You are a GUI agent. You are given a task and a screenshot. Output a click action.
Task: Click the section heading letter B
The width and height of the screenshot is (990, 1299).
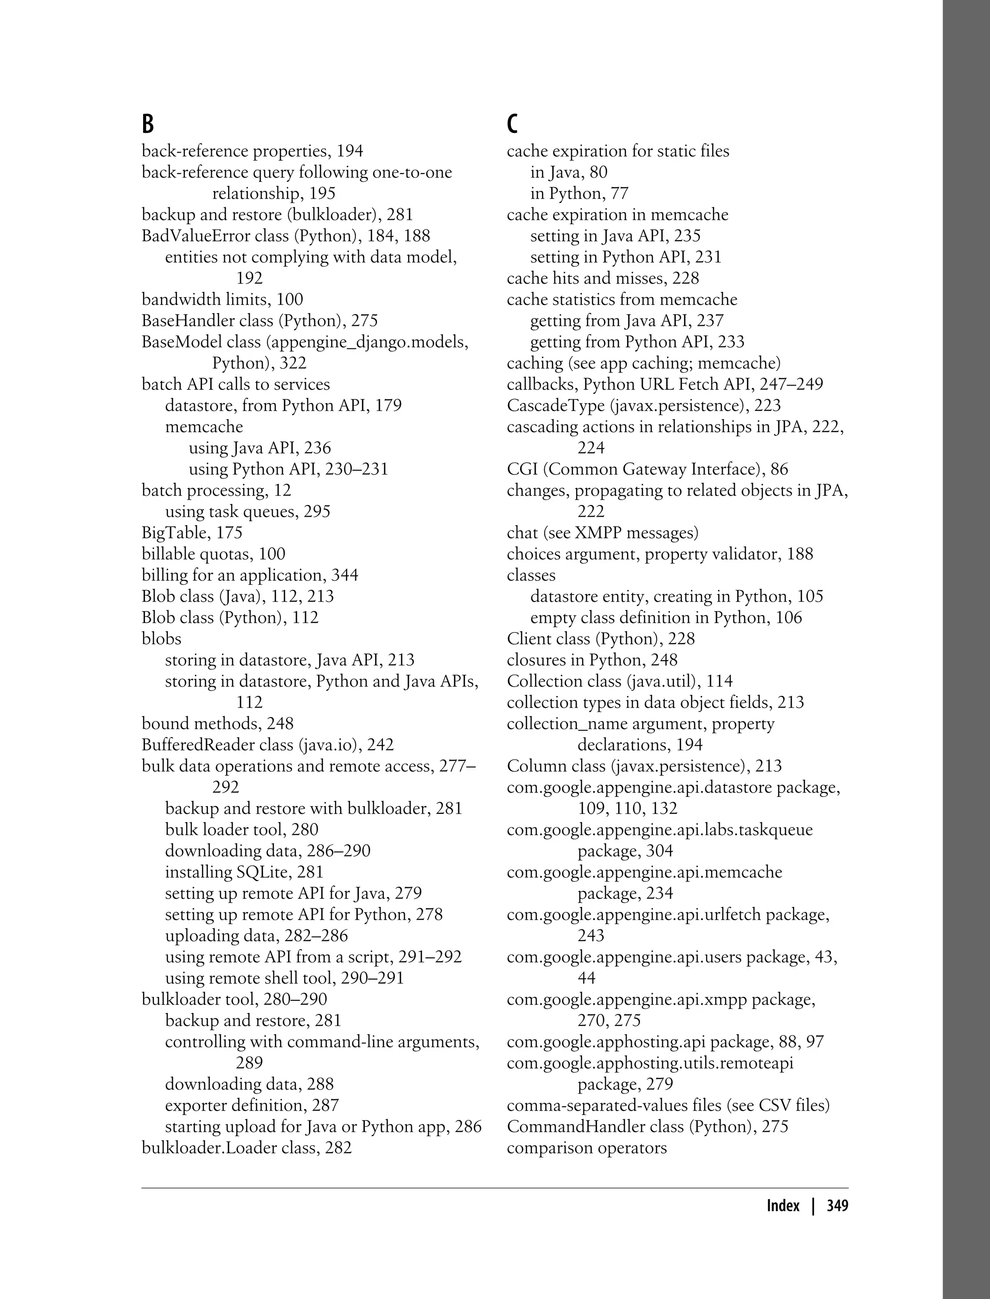pos(147,124)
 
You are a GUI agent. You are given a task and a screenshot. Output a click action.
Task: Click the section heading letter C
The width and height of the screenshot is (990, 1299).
pos(512,124)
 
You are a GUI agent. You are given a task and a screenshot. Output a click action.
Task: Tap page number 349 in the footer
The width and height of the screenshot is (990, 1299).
pos(837,1205)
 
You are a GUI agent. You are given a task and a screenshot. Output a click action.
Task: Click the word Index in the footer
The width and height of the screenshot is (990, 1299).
pos(783,1205)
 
